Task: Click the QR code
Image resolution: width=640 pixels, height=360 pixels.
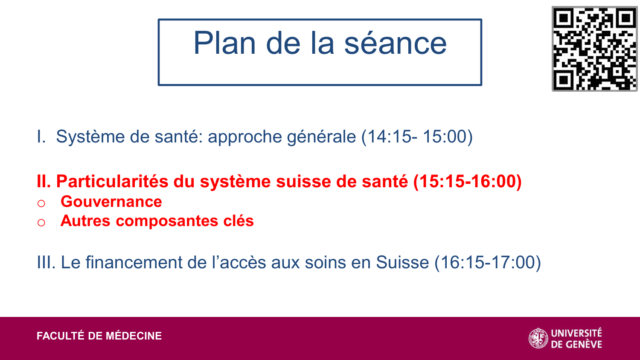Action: pyautogui.click(x=594, y=48)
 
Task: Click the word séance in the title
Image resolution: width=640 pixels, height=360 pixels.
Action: pyautogui.click(x=395, y=43)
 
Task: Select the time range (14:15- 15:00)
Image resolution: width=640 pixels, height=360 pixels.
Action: pyautogui.click(x=417, y=137)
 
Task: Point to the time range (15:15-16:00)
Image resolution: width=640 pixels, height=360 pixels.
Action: pyautogui.click(x=467, y=181)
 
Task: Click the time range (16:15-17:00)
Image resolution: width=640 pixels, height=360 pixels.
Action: pyautogui.click(x=488, y=262)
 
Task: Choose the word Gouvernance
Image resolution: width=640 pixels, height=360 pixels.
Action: pyautogui.click(x=111, y=202)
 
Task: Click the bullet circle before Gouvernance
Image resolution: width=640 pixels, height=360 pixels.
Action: pyautogui.click(x=41, y=203)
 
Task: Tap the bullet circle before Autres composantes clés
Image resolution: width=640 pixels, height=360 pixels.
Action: pyautogui.click(x=41, y=222)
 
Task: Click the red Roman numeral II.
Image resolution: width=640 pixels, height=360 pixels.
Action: pyautogui.click(x=44, y=181)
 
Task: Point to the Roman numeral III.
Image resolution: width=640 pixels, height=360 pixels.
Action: pyautogui.click(x=46, y=262)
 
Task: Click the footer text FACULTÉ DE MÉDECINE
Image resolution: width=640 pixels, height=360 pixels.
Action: pyautogui.click(x=99, y=336)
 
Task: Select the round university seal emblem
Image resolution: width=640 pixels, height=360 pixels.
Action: pyautogui.click(x=538, y=338)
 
